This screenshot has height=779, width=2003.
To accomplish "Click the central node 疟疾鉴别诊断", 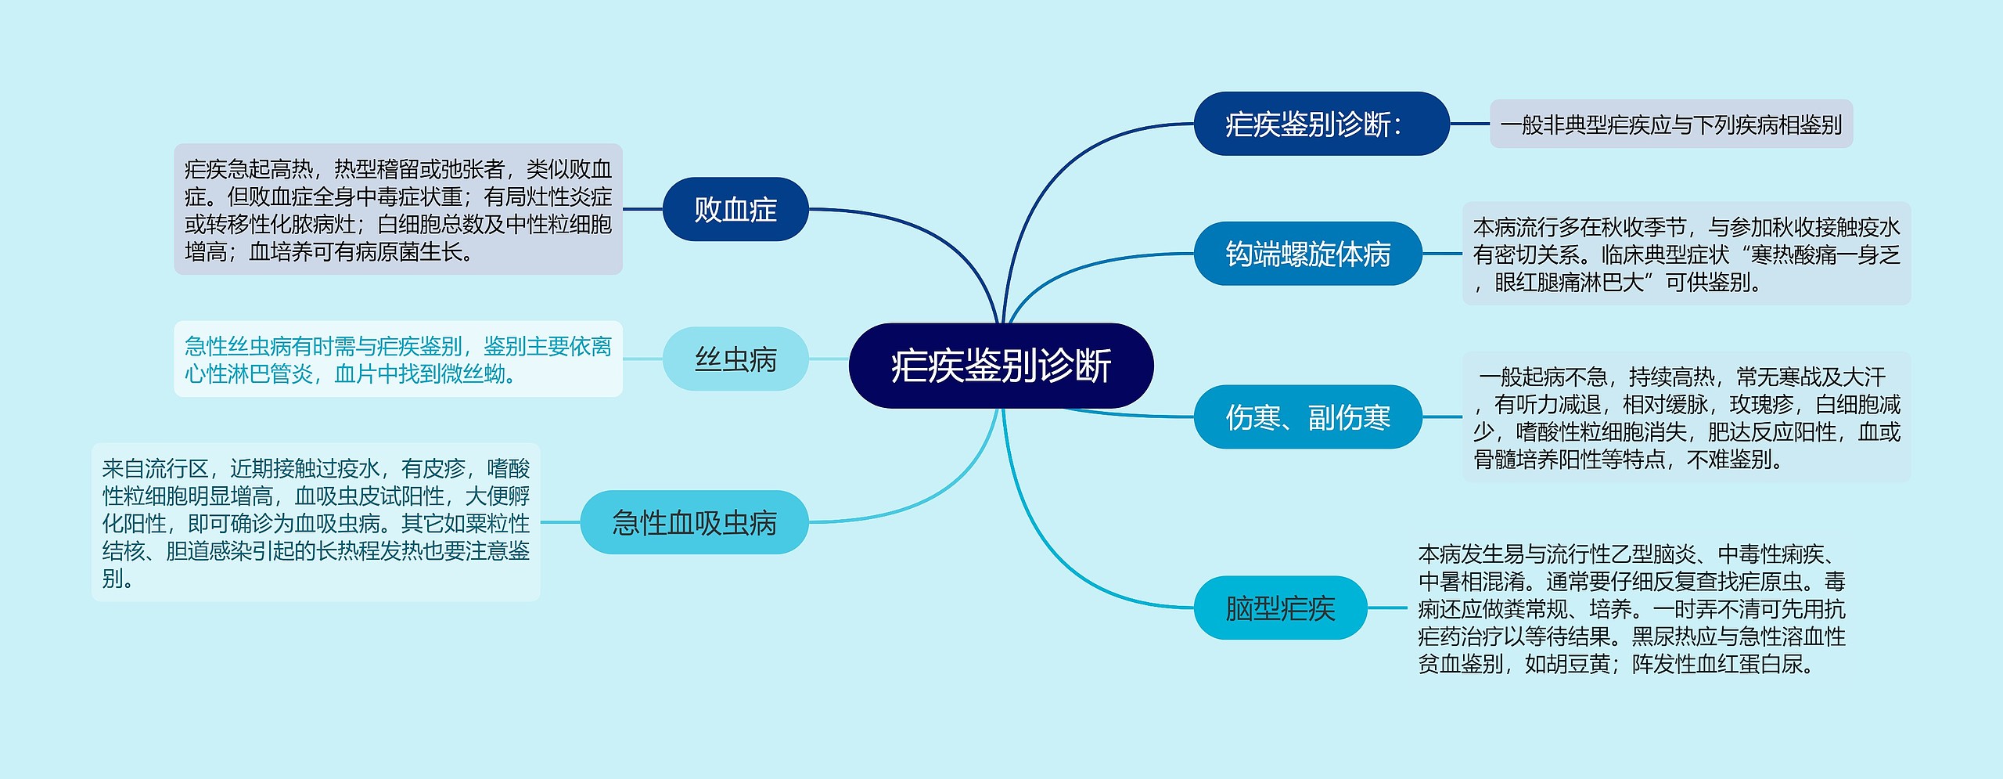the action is pyautogui.click(x=1001, y=366).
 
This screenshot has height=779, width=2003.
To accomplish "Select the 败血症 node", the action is pyautogui.click(x=735, y=209).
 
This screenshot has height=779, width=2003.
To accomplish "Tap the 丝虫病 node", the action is pyautogui.click(x=735, y=359).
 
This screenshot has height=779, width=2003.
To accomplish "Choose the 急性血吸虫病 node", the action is pyautogui.click(x=694, y=522).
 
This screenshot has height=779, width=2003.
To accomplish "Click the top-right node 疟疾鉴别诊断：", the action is pyautogui.click(x=1322, y=124).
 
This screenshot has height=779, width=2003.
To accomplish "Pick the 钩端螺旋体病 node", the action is pyautogui.click(x=1307, y=254).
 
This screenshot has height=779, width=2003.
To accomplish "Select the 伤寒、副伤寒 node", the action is pyautogui.click(x=1307, y=417).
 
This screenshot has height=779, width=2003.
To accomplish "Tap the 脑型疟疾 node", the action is pyautogui.click(x=1280, y=608).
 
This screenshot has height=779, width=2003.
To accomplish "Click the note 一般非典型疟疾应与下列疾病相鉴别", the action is pyautogui.click(x=1671, y=124).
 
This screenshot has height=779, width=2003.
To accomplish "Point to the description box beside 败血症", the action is pyautogui.click(x=398, y=209).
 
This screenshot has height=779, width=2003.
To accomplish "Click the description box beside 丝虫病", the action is pyautogui.click(x=398, y=359).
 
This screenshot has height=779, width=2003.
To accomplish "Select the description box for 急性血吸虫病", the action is pyautogui.click(x=316, y=522).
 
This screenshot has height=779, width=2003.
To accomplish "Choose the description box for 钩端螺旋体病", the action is pyautogui.click(x=1687, y=254).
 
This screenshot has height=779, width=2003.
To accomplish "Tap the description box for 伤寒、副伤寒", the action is pyautogui.click(x=1687, y=417).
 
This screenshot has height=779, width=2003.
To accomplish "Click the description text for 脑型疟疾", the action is pyautogui.click(x=1632, y=608).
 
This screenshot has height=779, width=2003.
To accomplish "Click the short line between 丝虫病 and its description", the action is pyautogui.click(x=642, y=359).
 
